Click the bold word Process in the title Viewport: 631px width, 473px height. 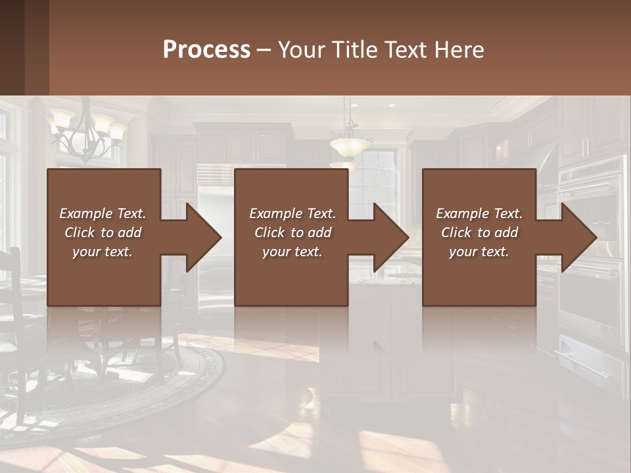click(x=206, y=50)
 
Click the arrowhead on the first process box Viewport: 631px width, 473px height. click(x=204, y=237)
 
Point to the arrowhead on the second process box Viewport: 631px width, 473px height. click(x=391, y=237)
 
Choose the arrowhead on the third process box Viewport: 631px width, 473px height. click(x=579, y=237)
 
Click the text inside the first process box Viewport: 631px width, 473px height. click(x=103, y=233)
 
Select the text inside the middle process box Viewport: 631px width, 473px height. click(x=292, y=233)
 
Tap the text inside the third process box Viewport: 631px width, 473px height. click(x=479, y=233)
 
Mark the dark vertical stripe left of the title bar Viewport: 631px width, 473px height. click(x=36, y=47)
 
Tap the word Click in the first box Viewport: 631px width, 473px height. click(x=81, y=233)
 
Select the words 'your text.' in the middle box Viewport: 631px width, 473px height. click(x=292, y=252)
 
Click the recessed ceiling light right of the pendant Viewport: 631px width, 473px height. click(x=392, y=105)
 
